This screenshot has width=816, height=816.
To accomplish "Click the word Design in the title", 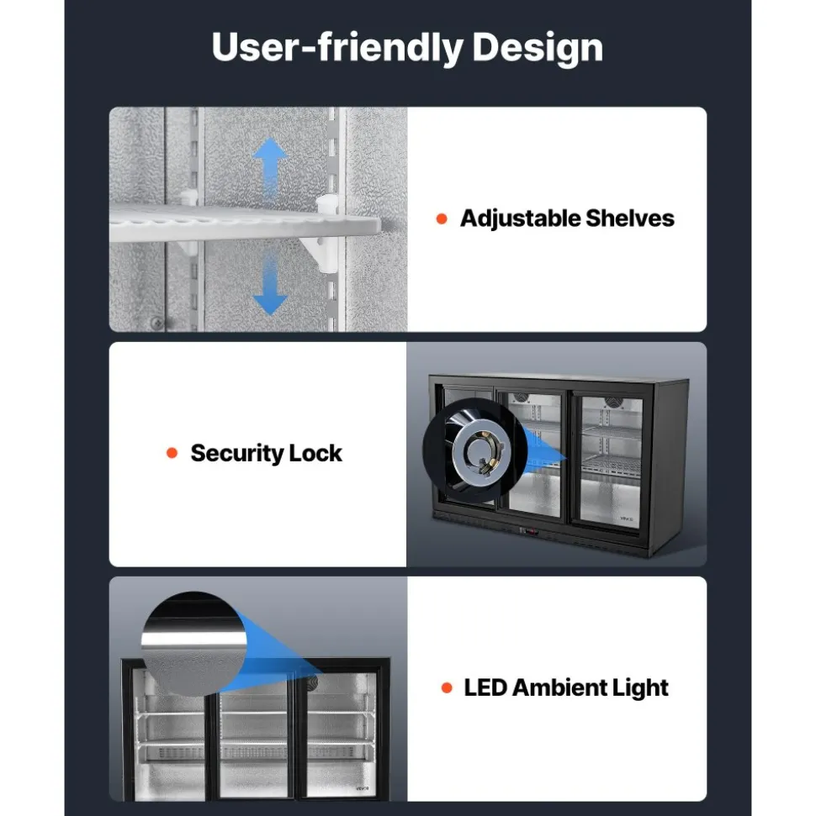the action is tap(538, 48).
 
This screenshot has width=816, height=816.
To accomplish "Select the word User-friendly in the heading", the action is tap(337, 47).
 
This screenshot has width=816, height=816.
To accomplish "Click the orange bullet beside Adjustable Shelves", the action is tap(442, 219).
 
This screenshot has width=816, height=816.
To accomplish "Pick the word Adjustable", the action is tap(521, 219).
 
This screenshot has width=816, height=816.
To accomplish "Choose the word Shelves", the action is tap(630, 218).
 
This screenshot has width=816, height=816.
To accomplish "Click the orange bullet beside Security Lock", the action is tap(172, 453).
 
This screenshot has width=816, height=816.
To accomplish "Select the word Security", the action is tap(237, 454).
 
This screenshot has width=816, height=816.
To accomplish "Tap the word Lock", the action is tap(315, 453).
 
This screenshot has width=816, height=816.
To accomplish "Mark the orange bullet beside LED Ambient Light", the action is tap(447, 688).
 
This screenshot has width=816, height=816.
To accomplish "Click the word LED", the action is tap(485, 688).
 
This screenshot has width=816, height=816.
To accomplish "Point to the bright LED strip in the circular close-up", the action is tap(193, 639).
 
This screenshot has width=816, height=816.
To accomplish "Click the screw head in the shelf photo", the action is tap(156, 324).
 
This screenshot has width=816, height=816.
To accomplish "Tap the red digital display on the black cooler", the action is tap(529, 531).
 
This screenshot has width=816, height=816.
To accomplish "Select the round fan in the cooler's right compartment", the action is tap(613, 403).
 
